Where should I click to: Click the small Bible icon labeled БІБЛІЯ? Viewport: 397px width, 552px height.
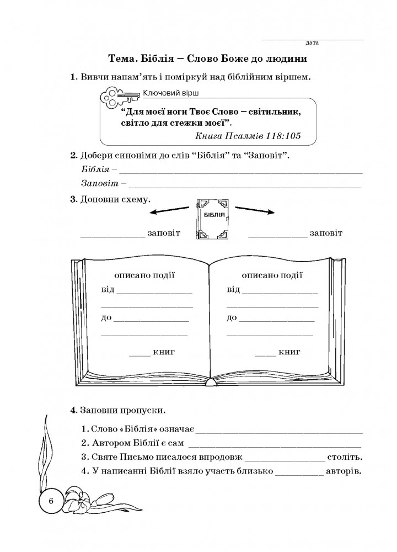[213, 219]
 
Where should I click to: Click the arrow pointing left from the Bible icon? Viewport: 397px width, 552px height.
[170, 210]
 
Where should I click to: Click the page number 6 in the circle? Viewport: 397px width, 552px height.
[51, 501]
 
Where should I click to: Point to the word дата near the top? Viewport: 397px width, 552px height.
[312, 43]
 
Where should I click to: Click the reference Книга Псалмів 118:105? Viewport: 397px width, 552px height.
[248, 136]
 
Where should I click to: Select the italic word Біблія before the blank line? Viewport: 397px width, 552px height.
[95, 169]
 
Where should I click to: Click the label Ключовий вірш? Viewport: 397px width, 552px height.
[170, 93]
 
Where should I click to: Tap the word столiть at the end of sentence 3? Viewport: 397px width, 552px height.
[344, 457]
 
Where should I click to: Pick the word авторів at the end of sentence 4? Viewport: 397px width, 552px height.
[343, 471]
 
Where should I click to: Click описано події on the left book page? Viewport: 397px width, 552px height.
[144, 275]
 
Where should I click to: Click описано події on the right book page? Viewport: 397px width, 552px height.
[272, 275]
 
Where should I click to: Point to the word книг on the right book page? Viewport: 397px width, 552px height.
[289, 352]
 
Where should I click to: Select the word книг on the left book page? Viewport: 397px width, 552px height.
[164, 352]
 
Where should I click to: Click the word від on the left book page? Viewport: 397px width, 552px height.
[108, 289]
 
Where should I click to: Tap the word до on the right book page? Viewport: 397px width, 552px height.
[232, 317]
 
